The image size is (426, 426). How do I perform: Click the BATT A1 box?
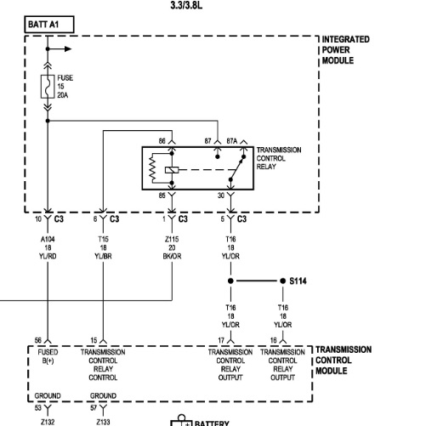(x=49, y=25)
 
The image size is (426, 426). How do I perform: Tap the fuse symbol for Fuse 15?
(x=48, y=87)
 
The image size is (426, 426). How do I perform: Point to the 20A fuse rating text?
(x=63, y=95)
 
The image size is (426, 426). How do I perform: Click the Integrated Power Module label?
(x=345, y=50)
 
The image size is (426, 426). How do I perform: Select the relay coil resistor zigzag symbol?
(x=152, y=168)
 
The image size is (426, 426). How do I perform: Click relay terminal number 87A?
(x=232, y=141)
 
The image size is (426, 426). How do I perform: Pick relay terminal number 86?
(x=162, y=141)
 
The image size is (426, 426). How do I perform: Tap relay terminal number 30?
(x=221, y=196)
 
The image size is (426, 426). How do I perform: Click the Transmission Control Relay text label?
(x=279, y=158)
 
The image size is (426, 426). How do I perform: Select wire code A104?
(x=48, y=239)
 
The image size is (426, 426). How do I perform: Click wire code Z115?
(x=172, y=239)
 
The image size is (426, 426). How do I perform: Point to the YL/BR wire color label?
(x=103, y=256)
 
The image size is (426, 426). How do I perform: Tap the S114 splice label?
(x=298, y=281)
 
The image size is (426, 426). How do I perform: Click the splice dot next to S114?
(x=282, y=281)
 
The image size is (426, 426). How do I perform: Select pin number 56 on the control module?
(x=38, y=340)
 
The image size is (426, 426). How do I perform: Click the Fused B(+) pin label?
(x=48, y=356)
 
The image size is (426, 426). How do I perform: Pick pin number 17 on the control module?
(x=221, y=340)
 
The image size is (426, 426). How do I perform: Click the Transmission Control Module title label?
(x=344, y=360)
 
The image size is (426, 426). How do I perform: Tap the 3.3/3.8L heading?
(x=186, y=5)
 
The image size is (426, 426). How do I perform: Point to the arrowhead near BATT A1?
(x=68, y=49)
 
